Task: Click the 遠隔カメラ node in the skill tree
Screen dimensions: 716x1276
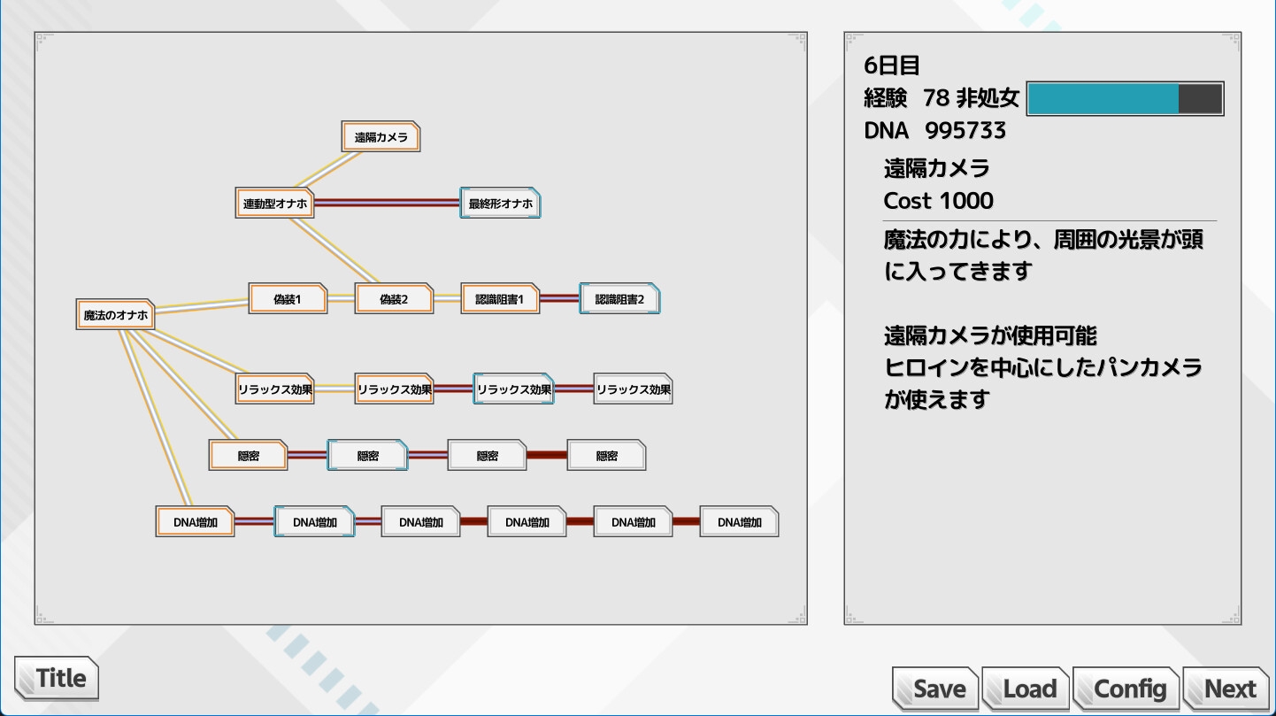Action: [380, 137]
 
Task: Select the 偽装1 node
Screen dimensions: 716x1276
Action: [288, 299]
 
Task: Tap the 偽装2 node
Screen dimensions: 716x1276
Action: [394, 299]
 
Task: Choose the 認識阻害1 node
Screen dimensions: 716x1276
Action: [500, 299]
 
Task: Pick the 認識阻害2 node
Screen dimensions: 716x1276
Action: [619, 299]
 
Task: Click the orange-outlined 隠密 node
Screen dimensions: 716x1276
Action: [249, 456]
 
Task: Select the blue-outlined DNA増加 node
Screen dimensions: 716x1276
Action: [314, 522]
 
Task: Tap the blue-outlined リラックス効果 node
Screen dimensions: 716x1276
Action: [513, 389]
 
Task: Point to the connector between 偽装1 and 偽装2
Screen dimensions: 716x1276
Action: [341, 299]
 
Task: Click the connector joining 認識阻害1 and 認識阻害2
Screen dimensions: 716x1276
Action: [559, 298]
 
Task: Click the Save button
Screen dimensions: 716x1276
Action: [936, 689]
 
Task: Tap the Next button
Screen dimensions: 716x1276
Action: [1227, 689]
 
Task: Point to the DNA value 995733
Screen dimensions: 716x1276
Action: [965, 131]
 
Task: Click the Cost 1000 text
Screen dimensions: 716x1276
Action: [938, 201]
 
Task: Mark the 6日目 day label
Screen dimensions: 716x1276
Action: [892, 65]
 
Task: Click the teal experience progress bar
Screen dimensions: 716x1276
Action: [1124, 99]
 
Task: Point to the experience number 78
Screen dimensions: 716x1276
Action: [936, 97]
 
